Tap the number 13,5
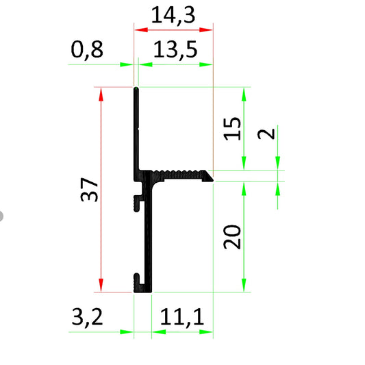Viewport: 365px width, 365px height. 173,50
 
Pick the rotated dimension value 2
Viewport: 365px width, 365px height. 269,132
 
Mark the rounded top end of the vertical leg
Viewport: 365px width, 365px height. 137,90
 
